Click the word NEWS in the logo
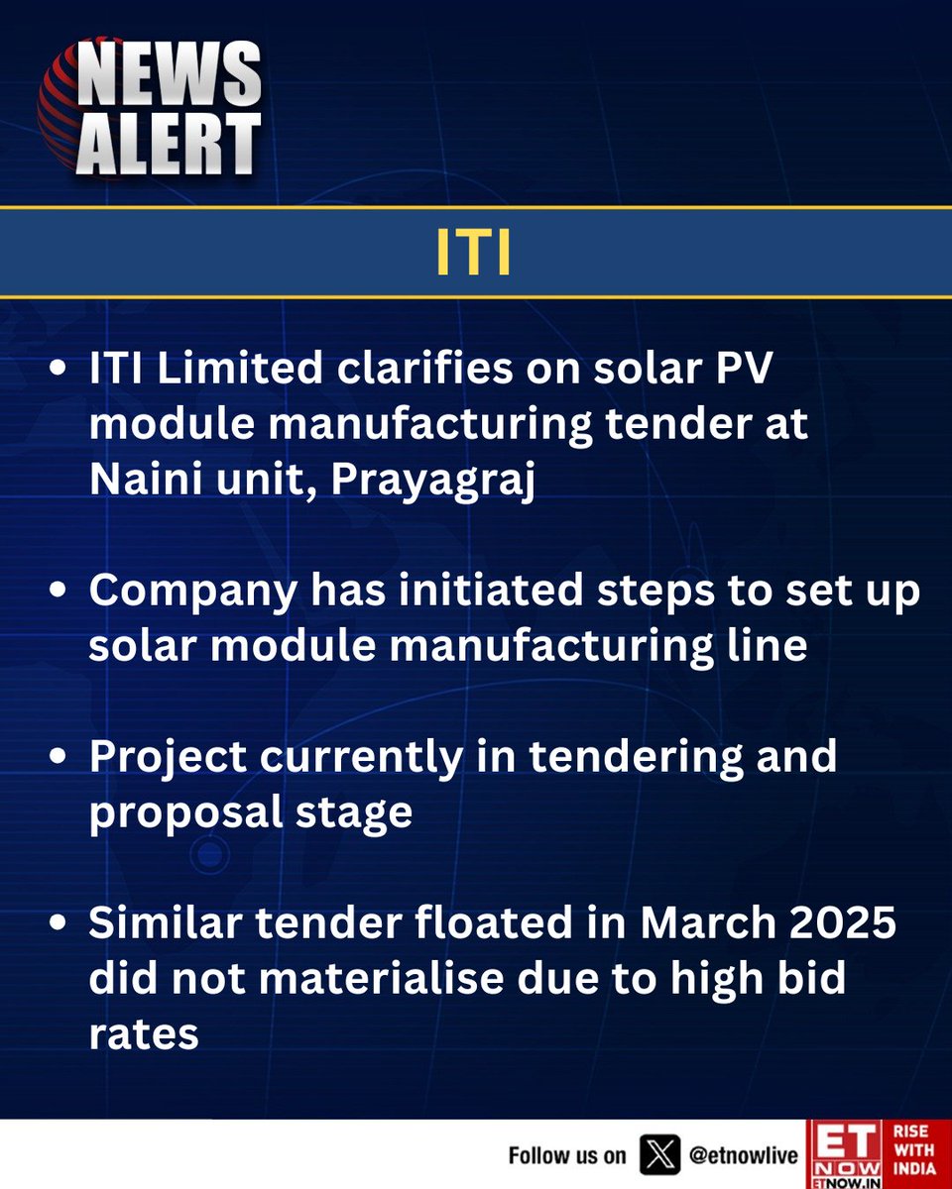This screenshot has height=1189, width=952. pos(170,76)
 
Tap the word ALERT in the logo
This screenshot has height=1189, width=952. pos(170,143)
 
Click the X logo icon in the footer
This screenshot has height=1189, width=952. pos(660,1155)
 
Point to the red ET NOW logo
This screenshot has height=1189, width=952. pos(842,1155)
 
